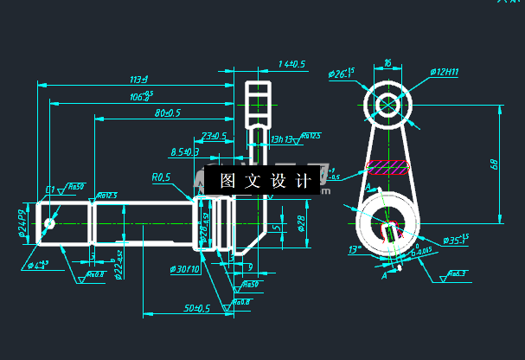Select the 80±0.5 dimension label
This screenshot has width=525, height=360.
click(167, 113)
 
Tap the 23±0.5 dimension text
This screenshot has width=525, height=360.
click(213, 136)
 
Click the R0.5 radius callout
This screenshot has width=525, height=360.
click(161, 177)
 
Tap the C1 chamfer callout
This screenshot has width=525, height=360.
click(50, 189)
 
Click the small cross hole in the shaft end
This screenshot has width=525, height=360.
click(50, 224)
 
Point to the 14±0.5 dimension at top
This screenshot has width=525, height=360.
click(292, 64)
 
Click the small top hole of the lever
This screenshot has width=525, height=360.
click(387, 105)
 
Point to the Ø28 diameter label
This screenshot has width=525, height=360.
click(301, 222)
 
